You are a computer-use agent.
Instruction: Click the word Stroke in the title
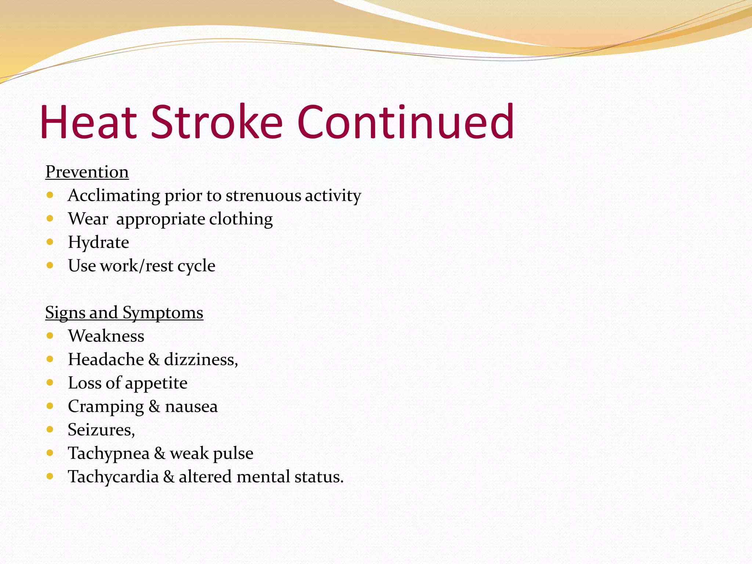click(217, 122)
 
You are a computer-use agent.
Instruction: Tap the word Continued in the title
click(406, 122)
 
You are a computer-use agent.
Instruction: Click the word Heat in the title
click(88, 122)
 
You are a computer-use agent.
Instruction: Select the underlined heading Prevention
click(87, 172)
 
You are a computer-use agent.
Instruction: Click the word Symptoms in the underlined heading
click(163, 313)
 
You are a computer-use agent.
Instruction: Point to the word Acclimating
click(114, 195)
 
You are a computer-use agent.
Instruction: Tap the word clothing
click(241, 219)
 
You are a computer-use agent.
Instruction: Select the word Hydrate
click(98, 242)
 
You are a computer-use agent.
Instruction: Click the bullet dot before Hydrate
click(50, 242)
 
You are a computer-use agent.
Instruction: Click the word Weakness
click(106, 336)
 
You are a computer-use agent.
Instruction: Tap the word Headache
click(106, 359)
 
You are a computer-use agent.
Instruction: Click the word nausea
click(191, 406)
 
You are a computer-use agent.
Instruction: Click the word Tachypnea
click(109, 453)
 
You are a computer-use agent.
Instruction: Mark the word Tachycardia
click(113, 477)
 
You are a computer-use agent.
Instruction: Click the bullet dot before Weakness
click(50, 335)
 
